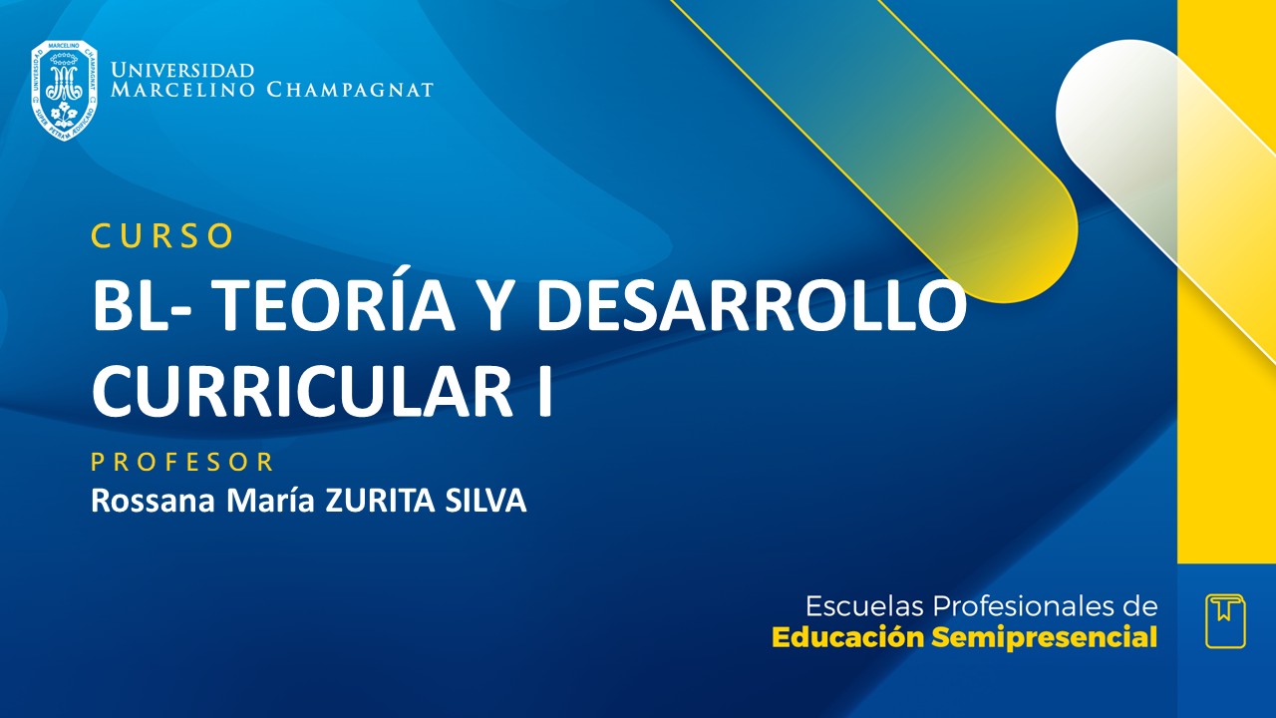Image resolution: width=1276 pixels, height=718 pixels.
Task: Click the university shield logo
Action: click(x=64, y=90)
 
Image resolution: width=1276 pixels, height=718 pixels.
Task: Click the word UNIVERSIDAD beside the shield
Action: click(x=182, y=71)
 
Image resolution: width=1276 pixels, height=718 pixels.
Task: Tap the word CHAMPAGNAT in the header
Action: click(x=350, y=90)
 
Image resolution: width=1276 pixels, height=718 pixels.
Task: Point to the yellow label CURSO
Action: click(x=162, y=235)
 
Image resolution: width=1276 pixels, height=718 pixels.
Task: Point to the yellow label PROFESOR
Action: click(x=182, y=463)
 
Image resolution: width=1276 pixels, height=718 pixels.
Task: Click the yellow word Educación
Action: click(x=848, y=638)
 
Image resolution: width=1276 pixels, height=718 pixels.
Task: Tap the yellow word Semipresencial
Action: click(x=1045, y=638)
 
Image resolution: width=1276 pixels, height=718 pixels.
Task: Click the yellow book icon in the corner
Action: click(x=1225, y=620)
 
